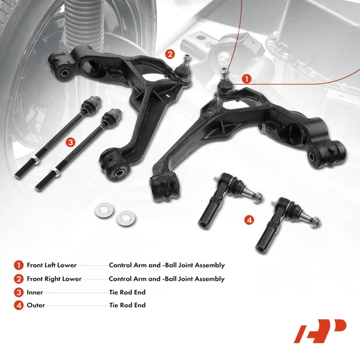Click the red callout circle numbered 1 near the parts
pos(247,78)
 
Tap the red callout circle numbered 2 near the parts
pos(170,55)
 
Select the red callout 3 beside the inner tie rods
pos(71,142)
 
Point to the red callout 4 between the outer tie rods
pos(249,220)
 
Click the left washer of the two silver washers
pos(104,212)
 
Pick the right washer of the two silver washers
pos(125,216)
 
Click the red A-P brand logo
pos(320,331)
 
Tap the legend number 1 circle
pos(19,265)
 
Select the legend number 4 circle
pos(19,305)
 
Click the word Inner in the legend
pos(35,292)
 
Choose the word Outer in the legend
pos(36,305)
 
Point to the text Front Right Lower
pos(54,279)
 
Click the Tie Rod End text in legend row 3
pos(127,292)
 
